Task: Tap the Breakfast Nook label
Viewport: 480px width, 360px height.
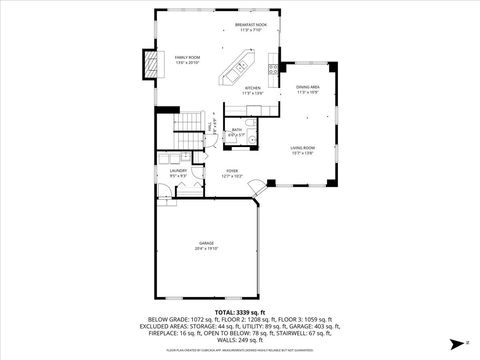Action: tap(251, 25)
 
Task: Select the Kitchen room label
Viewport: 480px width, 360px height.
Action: tap(252, 90)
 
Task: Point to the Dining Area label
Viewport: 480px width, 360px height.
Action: tap(308, 91)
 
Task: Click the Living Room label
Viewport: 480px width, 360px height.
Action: tap(303, 151)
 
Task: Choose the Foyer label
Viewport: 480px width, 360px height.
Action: tap(232, 173)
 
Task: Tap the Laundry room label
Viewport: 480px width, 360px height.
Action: tap(178, 173)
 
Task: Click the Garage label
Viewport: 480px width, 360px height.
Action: tap(206, 245)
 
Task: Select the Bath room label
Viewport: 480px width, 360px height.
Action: tap(237, 131)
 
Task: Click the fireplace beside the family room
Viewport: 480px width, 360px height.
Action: tap(151, 65)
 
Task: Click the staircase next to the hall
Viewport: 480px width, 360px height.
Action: tap(188, 124)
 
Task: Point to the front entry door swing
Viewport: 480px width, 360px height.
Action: tap(258, 187)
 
